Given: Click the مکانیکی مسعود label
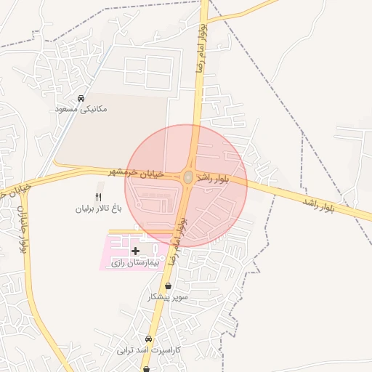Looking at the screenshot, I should point(81,109).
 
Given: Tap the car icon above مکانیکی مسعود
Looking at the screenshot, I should point(81,98).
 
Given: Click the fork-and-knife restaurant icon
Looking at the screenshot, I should point(100,197).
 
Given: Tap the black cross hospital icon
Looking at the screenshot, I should point(135,251).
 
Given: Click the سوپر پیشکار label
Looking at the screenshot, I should point(168,297).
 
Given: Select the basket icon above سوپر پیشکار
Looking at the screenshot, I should point(169,286).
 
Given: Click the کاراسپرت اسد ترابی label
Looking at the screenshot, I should point(147,350).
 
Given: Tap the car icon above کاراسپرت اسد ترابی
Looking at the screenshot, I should point(148,339).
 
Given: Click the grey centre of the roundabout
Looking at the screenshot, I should point(188,177).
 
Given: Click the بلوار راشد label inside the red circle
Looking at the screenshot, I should point(217,179).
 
